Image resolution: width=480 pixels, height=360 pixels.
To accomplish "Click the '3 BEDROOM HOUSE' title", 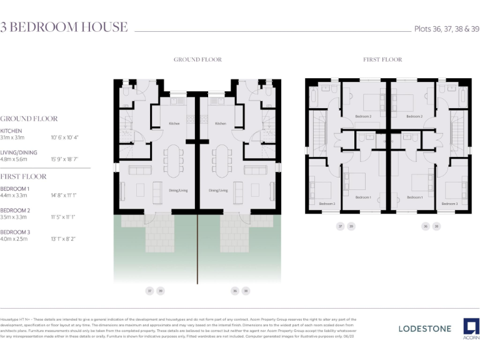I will point(64,27).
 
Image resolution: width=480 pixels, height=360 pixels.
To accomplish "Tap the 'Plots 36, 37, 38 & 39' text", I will point(447,29).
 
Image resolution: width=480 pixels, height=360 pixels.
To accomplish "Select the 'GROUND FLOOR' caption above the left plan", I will point(197,60).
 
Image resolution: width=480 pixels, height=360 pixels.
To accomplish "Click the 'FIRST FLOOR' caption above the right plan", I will point(382,60).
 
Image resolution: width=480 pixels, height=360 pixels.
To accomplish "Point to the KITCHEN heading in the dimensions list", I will point(11,131).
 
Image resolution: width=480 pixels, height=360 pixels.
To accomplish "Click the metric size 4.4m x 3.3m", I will point(14,195).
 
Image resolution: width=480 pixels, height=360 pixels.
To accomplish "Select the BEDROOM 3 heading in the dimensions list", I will point(15,232).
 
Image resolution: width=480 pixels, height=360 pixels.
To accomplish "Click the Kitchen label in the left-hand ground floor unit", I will point(174,124).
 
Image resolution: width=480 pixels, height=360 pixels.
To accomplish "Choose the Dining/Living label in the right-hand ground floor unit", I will point(218,190).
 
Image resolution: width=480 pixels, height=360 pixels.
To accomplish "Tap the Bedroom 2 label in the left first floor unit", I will point(363,117).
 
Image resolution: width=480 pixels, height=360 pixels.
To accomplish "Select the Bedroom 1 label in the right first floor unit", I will point(414,197).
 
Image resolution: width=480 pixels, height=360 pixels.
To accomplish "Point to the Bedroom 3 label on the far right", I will point(449,204).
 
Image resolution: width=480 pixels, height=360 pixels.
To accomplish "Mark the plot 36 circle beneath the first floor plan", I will point(426,226).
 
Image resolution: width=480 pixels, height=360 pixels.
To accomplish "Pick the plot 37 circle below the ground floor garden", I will point(149,291).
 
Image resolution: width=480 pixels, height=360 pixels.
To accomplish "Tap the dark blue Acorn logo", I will point(471,327).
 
